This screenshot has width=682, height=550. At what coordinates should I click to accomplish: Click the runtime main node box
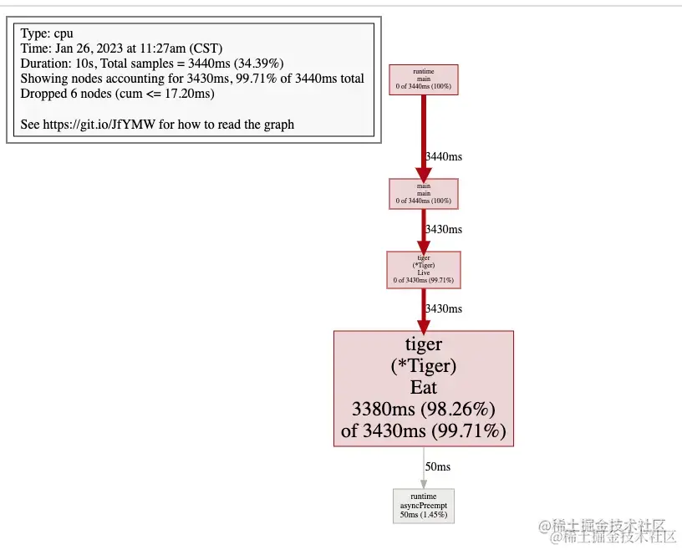coord(424,79)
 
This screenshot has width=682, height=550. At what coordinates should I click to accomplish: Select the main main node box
coord(424,193)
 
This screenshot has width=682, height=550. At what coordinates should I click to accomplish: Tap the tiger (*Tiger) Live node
coord(424,269)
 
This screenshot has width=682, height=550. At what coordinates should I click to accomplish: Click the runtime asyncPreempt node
coord(424,506)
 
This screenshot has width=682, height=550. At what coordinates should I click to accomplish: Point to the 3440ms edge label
coord(444,156)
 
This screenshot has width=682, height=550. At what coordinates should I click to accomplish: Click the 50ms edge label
coord(438,466)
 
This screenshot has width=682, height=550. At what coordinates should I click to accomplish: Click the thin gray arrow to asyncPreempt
coord(424,467)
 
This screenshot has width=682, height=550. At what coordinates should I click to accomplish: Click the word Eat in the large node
coord(424,388)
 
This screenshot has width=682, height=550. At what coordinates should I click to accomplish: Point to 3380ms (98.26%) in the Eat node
coord(424,410)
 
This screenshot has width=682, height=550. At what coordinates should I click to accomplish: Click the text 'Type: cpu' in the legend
coord(47,33)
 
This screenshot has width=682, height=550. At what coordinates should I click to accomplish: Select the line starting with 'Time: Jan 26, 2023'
coord(122,48)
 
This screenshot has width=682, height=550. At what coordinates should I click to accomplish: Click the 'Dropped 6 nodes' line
coord(118,94)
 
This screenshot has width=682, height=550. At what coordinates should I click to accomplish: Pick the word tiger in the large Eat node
coord(424,344)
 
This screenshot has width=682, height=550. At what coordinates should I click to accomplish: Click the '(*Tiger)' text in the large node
coord(424,366)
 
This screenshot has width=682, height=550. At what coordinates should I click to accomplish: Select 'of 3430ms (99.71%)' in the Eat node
coord(424,431)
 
